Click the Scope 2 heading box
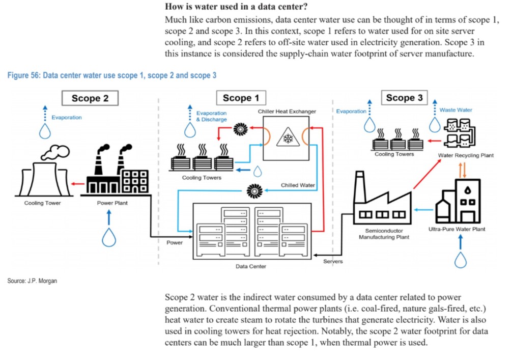click(x=90, y=98)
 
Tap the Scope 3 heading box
click(x=404, y=98)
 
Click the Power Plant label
click(x=112, y=203)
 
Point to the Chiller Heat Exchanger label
click(x=287, y=111)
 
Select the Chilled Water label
click(x=298, y=185)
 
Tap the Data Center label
click(x=251, y=266)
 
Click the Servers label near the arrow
click(x=333, y=261)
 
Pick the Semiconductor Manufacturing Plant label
click(x=384, y=234)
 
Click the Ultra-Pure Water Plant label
click(x=457, y=229)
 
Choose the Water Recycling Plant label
click(x=466, y=155)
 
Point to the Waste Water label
click(x=456, y=110)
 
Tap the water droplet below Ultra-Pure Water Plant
click(x=461, y=260)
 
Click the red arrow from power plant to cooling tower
click(x=77, y=183)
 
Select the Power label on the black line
click(x=175, y=242)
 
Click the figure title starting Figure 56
click(x=112, y=75)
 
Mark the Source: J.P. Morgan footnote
click(x=32, y=281)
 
